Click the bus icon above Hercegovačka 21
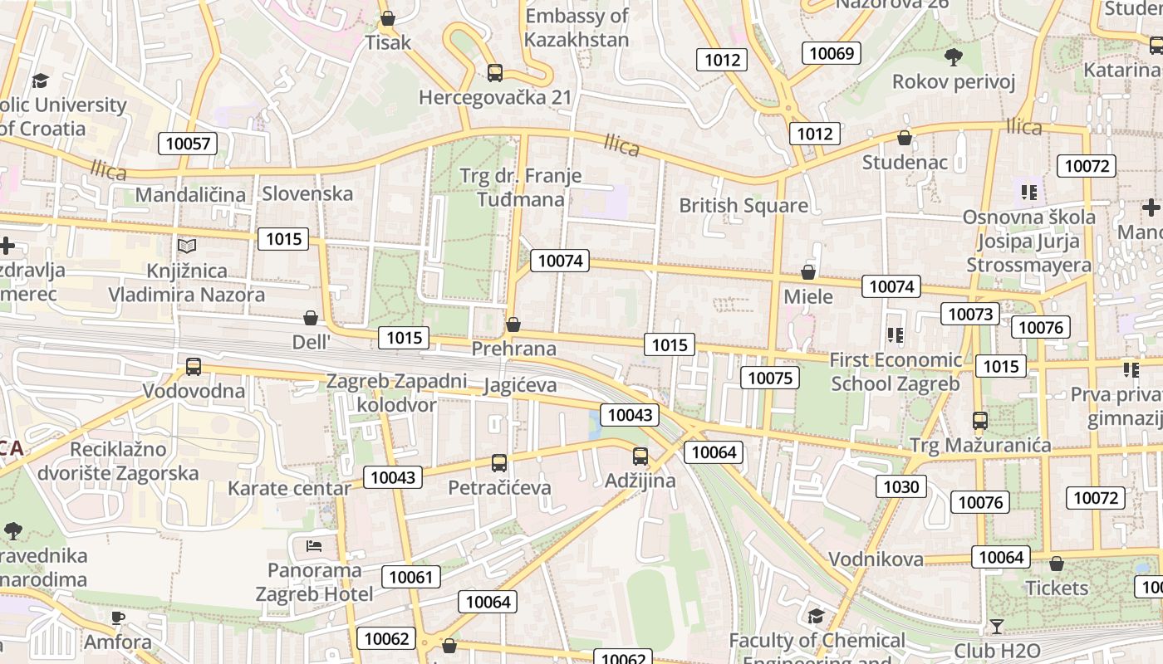tap(495, 73)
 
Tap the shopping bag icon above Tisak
tap(388, 17)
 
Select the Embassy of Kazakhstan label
tap(577, 27)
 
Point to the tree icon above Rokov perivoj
tap(954, 57)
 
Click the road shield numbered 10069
tap(832, 54)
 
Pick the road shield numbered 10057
tap(189, 144)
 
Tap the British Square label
tap(743, 205)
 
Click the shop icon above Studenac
tap(905, 138)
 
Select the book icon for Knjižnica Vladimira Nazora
tap(187, 247)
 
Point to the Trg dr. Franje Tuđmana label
tap(521, 188)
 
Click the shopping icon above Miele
tap(808, 272)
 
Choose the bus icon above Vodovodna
tap(194, 366)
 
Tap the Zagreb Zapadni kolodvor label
tap(397, 393)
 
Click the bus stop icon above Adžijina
tap(640, 456)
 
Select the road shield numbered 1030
tap(900, 486)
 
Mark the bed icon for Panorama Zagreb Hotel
tap(314, 545)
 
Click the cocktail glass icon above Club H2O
tap(997, 626)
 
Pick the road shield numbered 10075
tap(770, 378)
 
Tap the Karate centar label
tap(289, 488)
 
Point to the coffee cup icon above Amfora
tap(118, 618)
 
